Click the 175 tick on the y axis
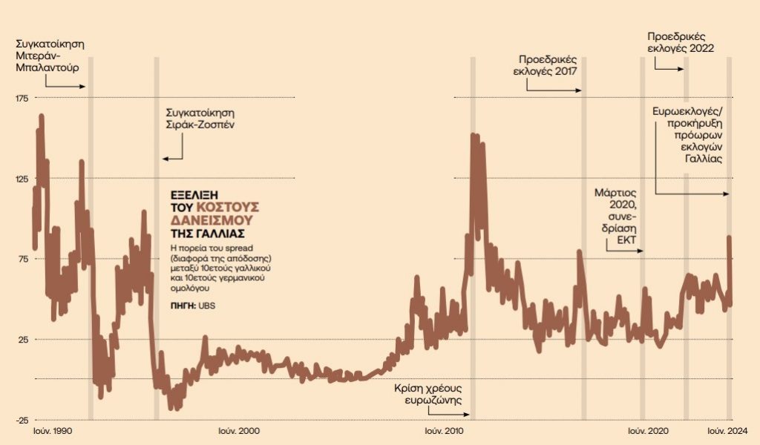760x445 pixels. [21, 98]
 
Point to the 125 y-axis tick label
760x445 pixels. [21, 179]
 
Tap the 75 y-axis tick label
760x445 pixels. [22, 259]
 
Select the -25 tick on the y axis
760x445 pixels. [21, 420]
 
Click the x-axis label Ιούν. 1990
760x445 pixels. [52, 431]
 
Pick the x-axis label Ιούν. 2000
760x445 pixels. [239, 431]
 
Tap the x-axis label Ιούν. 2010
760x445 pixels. [444, 431]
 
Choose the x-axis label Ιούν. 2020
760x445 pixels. [649, 431]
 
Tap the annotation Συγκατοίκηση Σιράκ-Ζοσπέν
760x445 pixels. [200, 119]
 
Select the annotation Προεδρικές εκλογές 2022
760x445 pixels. [681, 42]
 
